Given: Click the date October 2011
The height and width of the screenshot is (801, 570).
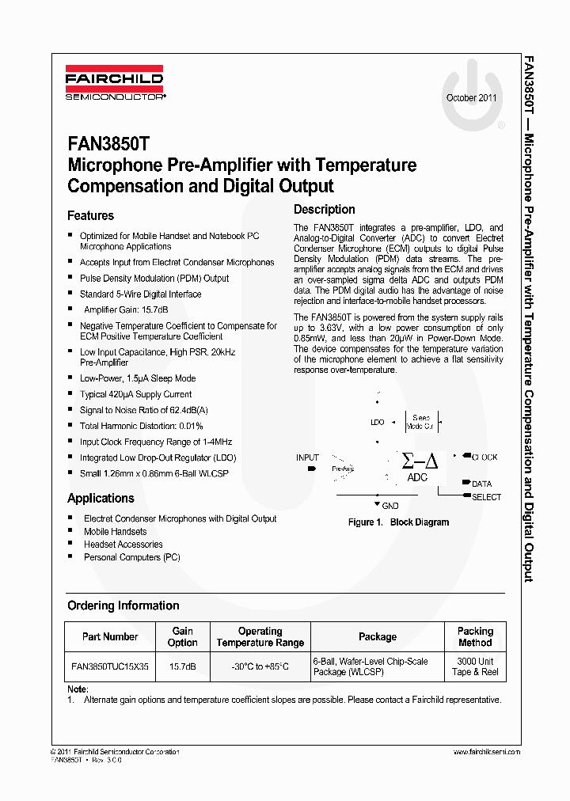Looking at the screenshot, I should coord(472,98).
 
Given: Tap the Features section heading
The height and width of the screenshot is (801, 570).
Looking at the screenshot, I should coord(90,215).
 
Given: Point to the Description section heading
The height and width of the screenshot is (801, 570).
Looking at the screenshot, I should coord(324,210).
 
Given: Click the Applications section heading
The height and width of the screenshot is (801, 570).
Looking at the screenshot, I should coord(101,498).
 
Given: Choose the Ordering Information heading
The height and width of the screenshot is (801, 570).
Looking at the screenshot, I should coord(123,605).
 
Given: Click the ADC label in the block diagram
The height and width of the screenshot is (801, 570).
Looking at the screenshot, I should coord(417,477).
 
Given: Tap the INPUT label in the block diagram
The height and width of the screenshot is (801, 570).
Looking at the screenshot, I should coord(307,457).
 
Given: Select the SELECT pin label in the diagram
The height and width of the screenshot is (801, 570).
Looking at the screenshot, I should coord(486,497).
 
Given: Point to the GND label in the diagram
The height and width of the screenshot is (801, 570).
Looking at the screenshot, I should coord(389,506).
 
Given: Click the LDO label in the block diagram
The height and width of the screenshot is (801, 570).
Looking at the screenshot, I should coord(378,422).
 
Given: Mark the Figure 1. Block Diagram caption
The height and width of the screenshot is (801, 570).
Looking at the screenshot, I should coord(398,522).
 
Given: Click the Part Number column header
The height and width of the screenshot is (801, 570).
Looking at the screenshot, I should coord(110,636).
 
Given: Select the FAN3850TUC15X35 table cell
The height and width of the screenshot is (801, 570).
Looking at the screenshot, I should coord(110,666).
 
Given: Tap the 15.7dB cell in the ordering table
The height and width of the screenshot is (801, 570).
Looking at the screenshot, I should coord(182,666).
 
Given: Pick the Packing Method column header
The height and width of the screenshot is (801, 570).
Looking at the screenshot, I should coord(475,636).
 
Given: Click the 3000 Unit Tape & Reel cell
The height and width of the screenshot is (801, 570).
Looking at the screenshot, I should coord(475,666).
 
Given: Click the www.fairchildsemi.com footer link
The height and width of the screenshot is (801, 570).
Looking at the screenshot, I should coord(486,751).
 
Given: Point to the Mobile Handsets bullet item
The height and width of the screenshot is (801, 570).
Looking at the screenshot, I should coord(115,532).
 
